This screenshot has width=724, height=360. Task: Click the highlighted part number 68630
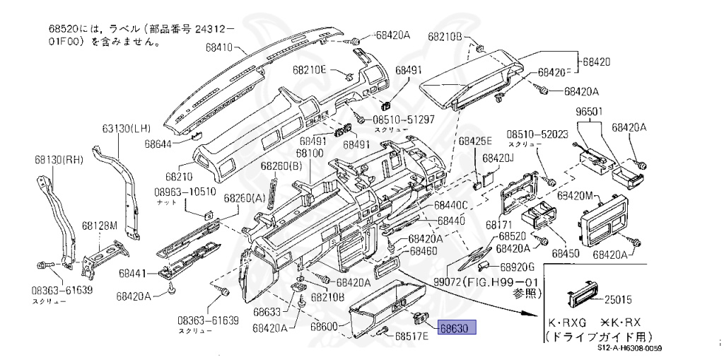click(x=457, y=328)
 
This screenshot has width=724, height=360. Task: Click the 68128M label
click(x=98, y=226)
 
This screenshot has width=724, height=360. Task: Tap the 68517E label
click(x=411, y=336)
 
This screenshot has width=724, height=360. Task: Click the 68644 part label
click(x=159, y=144)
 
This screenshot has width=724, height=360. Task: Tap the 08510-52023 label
click(x=537, y=134)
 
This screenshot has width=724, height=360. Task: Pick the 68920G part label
click(x=517, y=267)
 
